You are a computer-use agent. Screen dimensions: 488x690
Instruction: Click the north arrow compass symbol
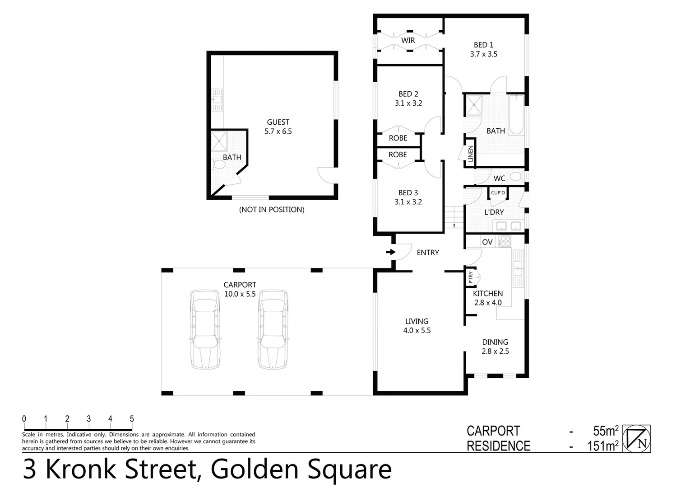pos(636,438)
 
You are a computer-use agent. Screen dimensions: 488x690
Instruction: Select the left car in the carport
pos(205,329)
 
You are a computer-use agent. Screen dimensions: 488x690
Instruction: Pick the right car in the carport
pos(273,329)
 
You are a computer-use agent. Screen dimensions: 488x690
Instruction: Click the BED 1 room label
pos(483,45)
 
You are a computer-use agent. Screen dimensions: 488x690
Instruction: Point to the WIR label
pos(408,40)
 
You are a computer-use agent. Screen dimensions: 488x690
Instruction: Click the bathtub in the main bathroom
pos(516,115)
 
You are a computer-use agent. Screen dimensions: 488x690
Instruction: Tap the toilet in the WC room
pos(516,177)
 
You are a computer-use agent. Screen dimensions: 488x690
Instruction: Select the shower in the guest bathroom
pos(219,141)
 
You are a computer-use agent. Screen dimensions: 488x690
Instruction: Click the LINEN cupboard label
pos(470,154)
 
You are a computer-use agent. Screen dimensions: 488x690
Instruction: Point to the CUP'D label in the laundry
pos(498,193)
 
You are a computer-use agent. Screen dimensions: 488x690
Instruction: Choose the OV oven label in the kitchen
pos(487,242)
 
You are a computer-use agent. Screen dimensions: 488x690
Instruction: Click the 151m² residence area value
pos(602,446)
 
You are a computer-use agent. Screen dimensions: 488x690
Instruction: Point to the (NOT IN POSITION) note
pos(272,210)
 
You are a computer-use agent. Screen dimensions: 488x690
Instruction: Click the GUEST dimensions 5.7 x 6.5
pos(278,131)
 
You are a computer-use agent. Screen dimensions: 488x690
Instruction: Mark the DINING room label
pos(495,342)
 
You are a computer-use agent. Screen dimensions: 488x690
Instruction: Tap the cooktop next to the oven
pos(505,242)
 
